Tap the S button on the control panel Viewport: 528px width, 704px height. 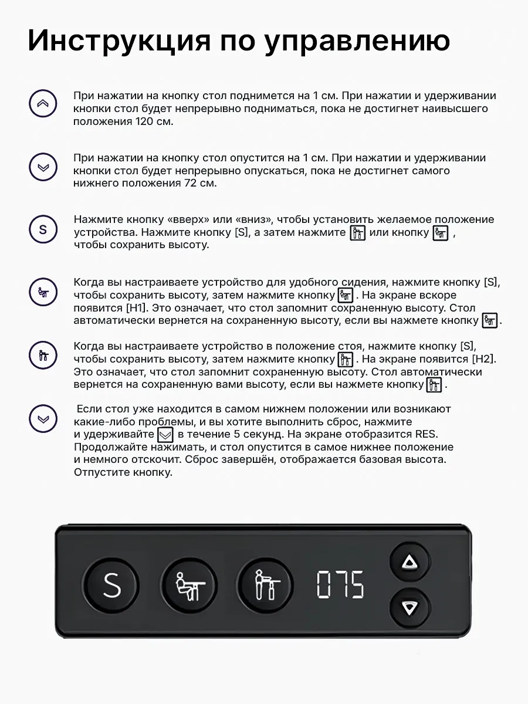111,585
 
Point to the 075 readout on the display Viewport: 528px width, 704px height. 340,585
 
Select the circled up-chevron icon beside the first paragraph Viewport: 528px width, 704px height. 43,104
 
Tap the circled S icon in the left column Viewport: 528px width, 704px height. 43,229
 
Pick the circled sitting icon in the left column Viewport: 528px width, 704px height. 43,292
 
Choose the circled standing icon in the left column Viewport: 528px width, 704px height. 43,355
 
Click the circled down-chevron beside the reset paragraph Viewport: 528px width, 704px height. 43,419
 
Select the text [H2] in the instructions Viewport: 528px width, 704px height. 483,358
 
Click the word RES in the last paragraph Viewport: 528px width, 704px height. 427,434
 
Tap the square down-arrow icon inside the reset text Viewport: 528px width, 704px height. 166,435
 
